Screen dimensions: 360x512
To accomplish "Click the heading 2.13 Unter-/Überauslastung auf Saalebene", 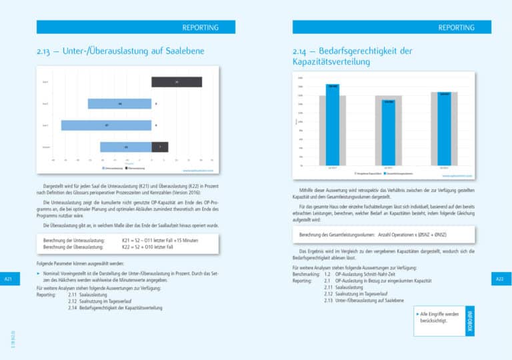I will pyautogui.click(x=121, y=51).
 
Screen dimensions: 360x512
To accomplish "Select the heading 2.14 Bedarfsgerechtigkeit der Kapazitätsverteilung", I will pyautogui.click(x=353, y=56).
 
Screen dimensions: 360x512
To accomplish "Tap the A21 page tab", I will pyautogui.click(x=8, y=279).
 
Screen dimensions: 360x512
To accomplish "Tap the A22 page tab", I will pyautogui.click(x=500, y=279).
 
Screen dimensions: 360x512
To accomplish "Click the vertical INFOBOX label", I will pyautogui.click(x=470, y=321).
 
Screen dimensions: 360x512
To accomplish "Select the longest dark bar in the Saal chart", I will pyautogui.click(x=177, y=82).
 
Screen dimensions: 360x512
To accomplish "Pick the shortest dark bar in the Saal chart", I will pyautogui.click(x=160, y=147).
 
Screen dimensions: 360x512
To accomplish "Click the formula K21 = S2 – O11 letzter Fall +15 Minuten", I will pyautogui.click(x=159, y=240).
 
